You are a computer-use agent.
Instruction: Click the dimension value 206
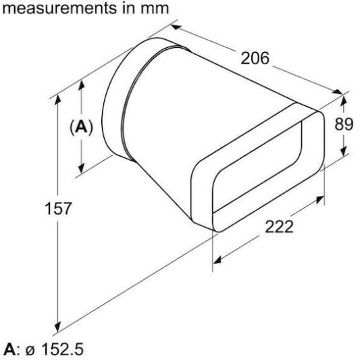[255, 58]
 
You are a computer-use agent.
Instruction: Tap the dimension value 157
[58, 208]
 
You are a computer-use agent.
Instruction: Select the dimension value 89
[344, 124]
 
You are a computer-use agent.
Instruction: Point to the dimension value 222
[279, 227]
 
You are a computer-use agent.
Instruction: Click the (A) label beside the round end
[81, 127]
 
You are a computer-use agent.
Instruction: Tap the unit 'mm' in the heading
[157, 9]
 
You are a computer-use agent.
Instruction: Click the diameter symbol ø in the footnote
[30, 351]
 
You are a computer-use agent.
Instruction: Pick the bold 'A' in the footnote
[10, 349]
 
